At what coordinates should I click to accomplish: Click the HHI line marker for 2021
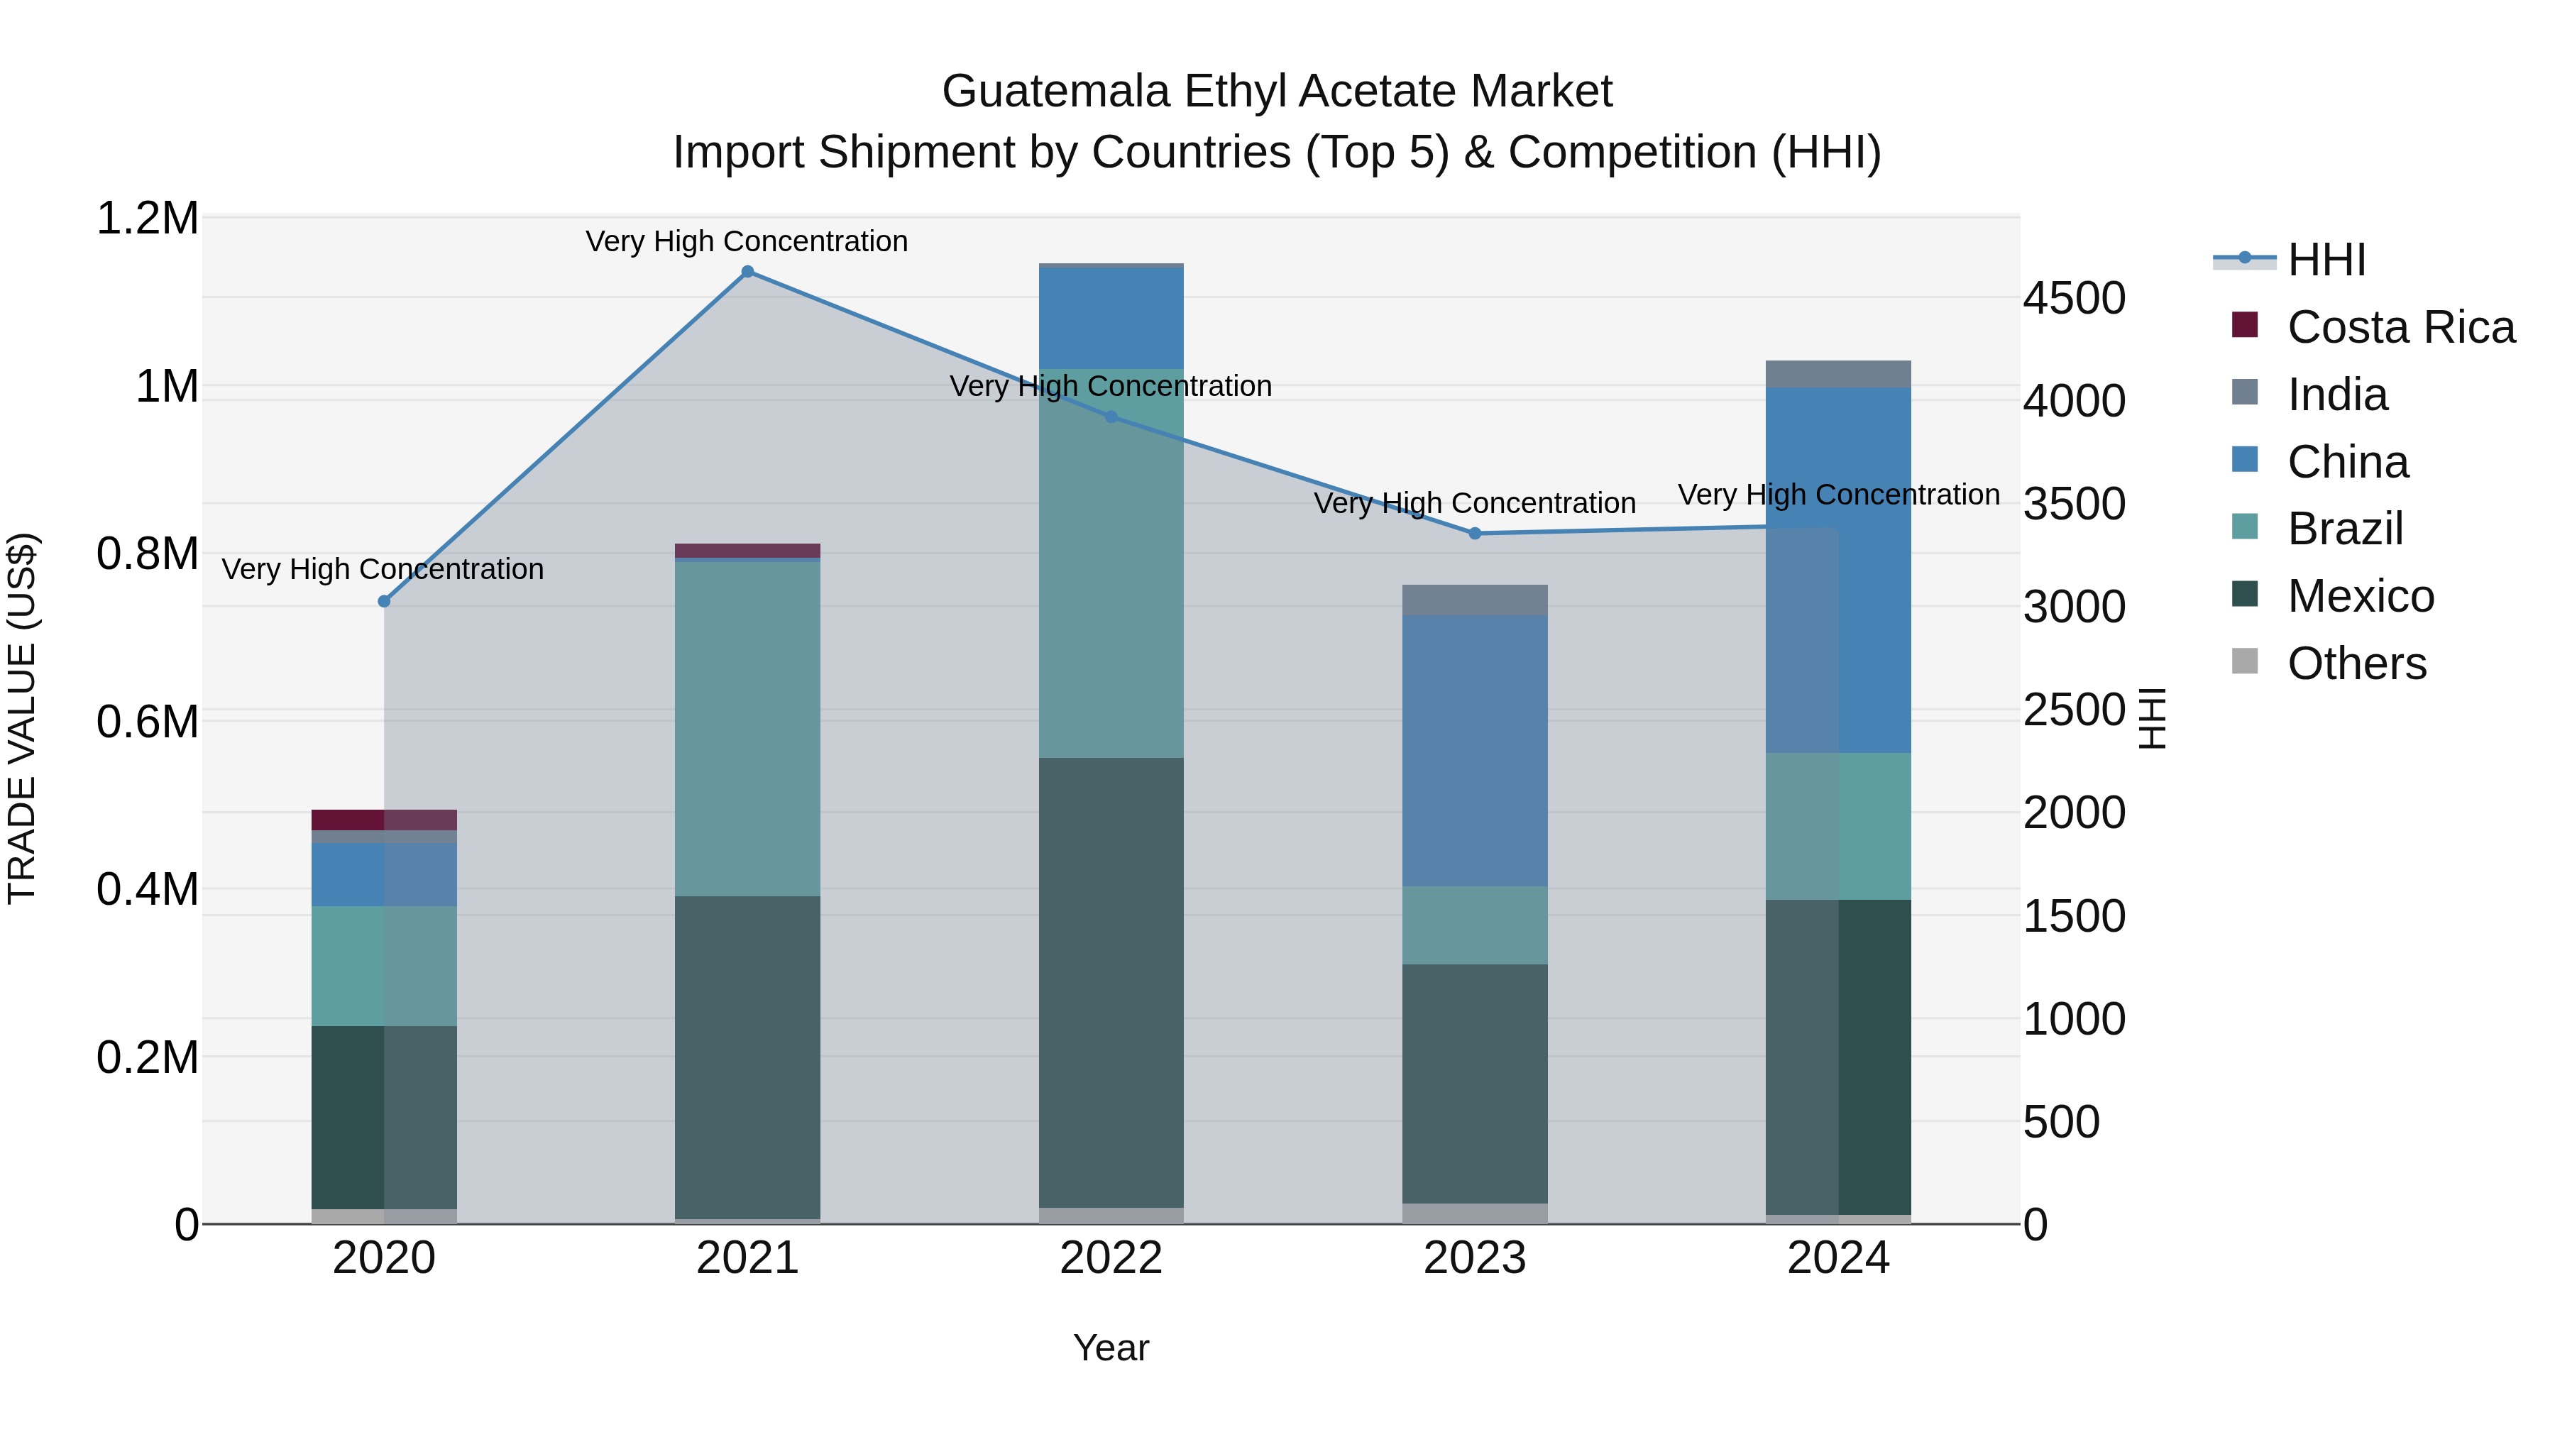(748, 272)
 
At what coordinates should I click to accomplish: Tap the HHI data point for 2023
(1475, 534)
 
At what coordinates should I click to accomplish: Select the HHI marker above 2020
(385, 602)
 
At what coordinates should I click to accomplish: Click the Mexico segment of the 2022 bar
(1111, 982)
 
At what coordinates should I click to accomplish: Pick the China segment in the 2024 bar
(1838, 571)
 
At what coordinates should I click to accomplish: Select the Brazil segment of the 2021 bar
(748, 729)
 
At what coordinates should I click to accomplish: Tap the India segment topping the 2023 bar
(1475, 600)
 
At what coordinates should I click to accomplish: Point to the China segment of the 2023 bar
(1475, 751)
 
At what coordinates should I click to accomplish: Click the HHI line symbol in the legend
(2245, 260)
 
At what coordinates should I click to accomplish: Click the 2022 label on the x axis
(1111, 1258)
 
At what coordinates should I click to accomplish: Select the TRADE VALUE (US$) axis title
(23, 719)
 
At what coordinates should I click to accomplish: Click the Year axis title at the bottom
(1111, 1348)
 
